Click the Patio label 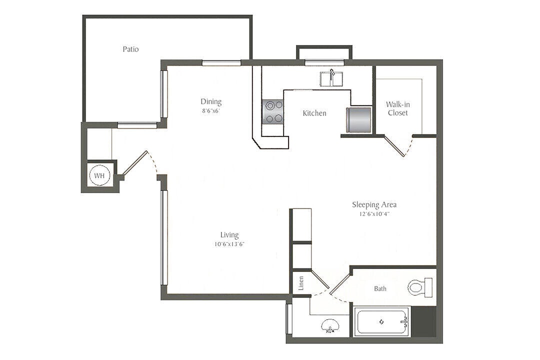(x=130, y=49)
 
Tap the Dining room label (x=211, y=101)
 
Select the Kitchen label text (x=314, y=113)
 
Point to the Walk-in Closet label (x=397, y=108)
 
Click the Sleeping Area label (x=374, y=204)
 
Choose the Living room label (x=229, y=235)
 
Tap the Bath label (x=380, y=288)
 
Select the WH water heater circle (x=99, y=176)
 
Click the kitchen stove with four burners (x=273, y=111)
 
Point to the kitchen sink (x=331, y=78)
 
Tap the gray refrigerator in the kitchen (x=358, y=119)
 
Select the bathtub (x=381, y=322)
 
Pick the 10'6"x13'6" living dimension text (x=229, y=244)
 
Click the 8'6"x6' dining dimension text (x=210, y=111)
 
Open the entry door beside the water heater (x=135, y=162)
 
